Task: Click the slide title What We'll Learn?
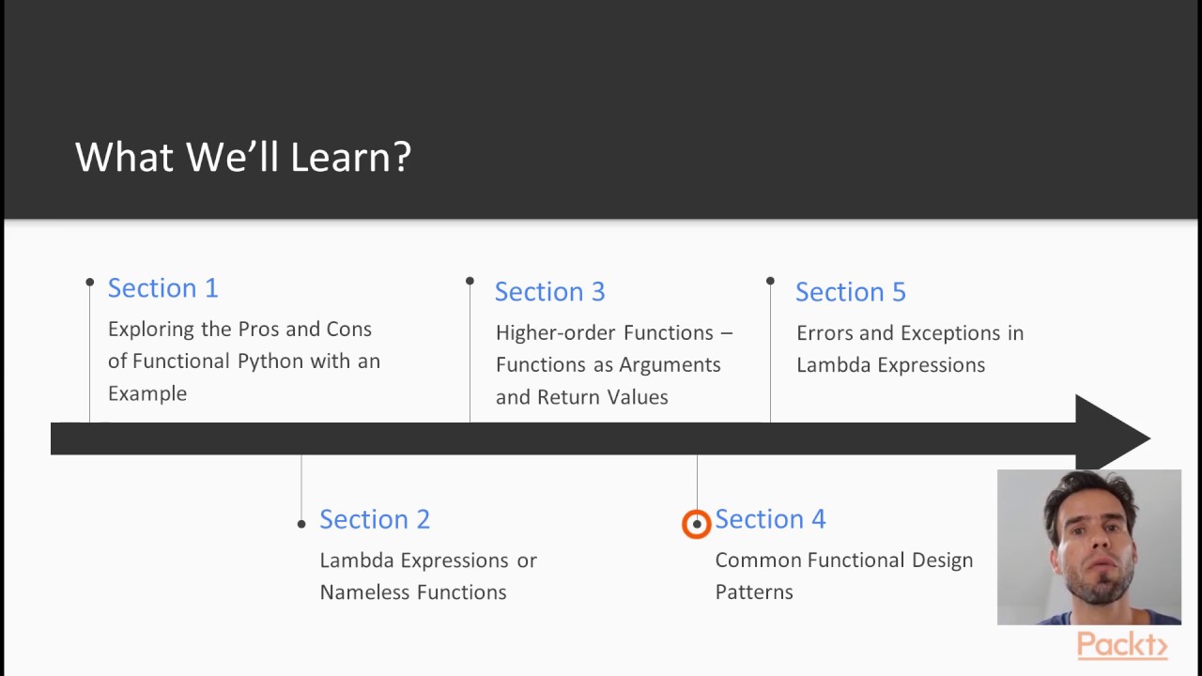click(243, 157)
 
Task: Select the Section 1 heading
click(162, 288)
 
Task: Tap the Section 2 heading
click(374, 519)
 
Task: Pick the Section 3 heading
click(549, 292)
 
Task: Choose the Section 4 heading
click(770, 519)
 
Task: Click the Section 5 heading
click(850, 292)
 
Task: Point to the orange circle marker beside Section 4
click(696, 524)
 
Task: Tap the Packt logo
click(1121, 645)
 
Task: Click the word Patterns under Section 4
click(753, 592)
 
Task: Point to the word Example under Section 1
click(146, 393)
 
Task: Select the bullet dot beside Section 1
click(90, 282)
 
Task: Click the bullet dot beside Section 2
click(301, 524)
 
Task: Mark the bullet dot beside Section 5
click(770, 281)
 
